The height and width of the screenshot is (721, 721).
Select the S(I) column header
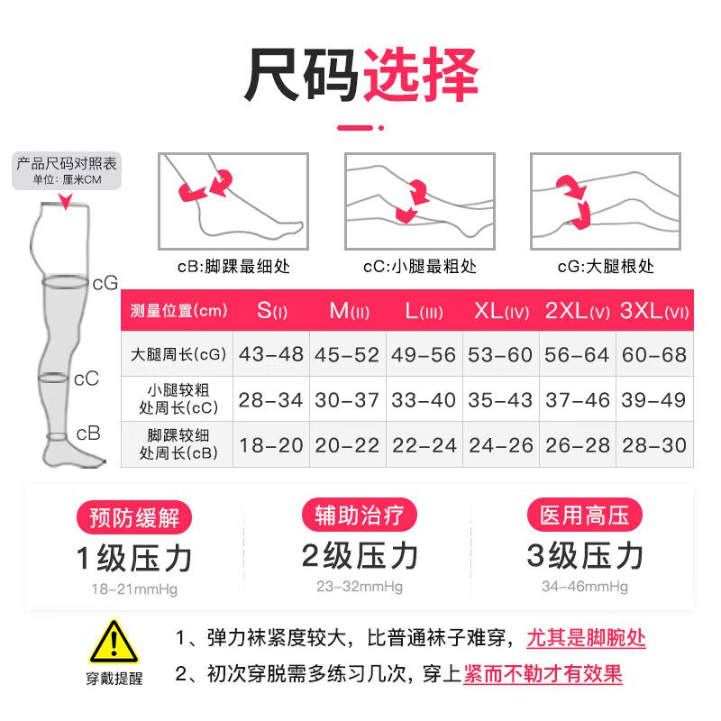(x=270, y=311)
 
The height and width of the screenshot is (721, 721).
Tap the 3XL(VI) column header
(x=654, y=311)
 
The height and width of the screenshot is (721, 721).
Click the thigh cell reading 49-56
(x=424, y=354)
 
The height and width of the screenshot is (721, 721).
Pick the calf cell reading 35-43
(x=500, y=399)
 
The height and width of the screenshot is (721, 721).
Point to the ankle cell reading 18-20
(x=270, y=444)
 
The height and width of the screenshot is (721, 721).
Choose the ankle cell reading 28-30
(x=654, y=444)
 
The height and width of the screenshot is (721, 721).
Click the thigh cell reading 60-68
(x=654, y=354)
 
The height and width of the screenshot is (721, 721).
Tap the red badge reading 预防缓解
(x=135, y=517)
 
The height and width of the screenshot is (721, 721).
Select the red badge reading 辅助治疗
(x=360, y=516)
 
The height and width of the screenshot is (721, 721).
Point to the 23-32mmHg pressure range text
(x=360, y=587)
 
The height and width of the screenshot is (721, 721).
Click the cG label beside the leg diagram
(x=105, y=283)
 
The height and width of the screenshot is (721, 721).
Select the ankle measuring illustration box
(x=233, y=201)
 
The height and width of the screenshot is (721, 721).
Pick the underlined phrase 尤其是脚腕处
(x=587, y=638)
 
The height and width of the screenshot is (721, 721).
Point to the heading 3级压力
(x=585, y=557)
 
